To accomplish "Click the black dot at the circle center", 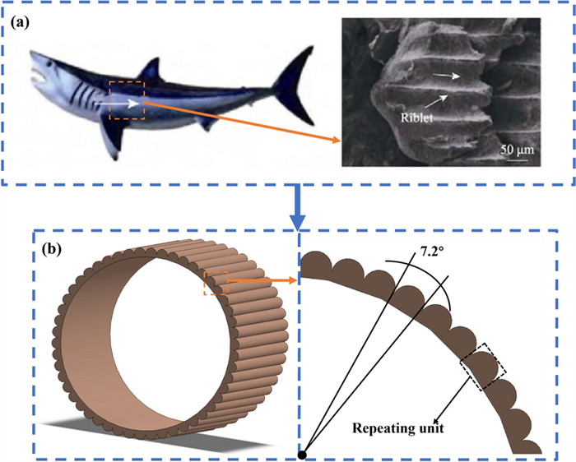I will [x=303, y=454].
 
